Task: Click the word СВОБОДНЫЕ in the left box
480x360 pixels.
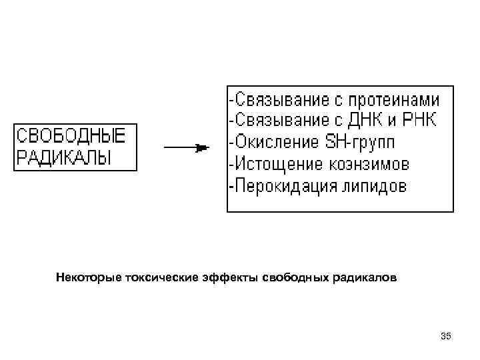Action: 70,137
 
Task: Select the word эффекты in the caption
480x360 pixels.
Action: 226,277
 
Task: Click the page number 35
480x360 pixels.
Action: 445,337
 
